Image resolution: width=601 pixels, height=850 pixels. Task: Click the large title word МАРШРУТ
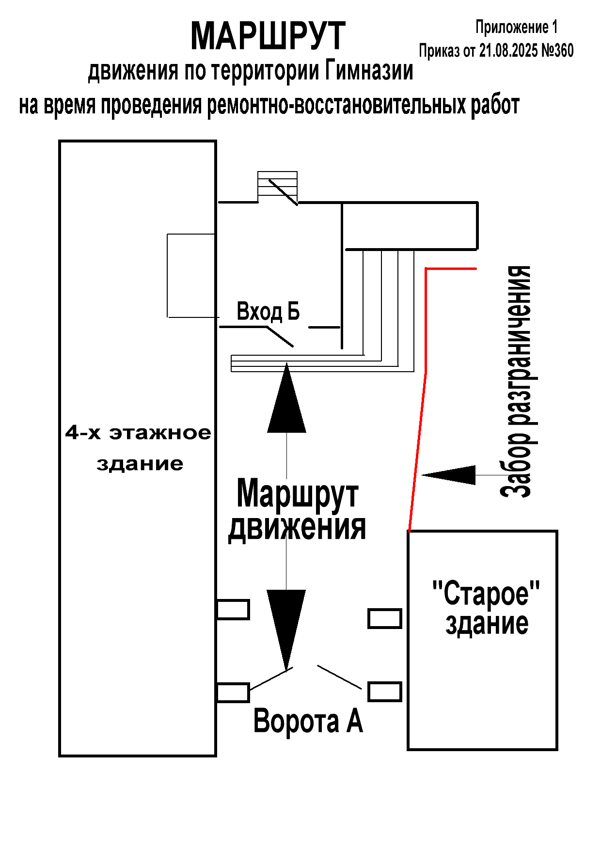[x=268, y=36]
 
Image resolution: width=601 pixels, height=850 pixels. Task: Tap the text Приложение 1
[x=517, y=27]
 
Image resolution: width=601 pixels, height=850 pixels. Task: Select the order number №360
[x=557, y=50]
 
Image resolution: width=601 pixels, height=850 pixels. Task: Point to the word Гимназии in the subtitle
[x=369, y=71]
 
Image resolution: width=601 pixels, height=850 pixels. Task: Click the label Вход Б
[x=268, y=311]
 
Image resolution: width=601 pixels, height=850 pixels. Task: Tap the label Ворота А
[x=308, y=721]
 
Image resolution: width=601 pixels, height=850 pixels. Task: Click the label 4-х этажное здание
[x=139, y=448]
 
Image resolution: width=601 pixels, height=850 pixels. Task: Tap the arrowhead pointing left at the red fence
[x=449, y=475]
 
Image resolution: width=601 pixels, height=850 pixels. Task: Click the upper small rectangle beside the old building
[x=385, y=618]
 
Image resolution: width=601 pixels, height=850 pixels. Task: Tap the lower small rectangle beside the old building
[x=385, y=692]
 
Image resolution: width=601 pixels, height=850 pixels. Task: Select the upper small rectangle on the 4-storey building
[x=233, y=610]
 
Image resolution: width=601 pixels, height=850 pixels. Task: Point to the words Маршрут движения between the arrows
[x=297, y=510]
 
